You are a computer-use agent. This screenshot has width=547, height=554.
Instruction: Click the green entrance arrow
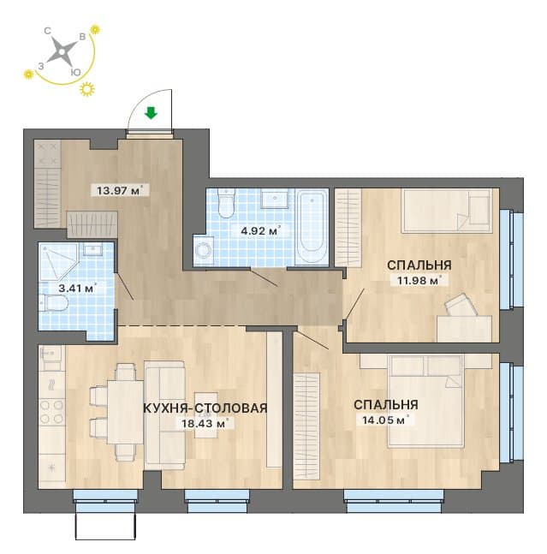coord(152,113)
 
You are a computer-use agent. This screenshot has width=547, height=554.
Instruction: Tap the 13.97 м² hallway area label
coord(120,191)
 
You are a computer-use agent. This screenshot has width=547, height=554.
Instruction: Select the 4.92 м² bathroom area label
coord(260,231)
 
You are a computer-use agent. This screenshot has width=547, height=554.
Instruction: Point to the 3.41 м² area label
coord(77,289)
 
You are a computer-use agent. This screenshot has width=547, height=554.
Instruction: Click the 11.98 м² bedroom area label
coord(418,281)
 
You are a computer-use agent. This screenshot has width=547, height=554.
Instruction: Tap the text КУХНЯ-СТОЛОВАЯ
coord(205,408)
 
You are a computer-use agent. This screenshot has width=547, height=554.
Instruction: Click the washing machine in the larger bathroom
coord(204,250)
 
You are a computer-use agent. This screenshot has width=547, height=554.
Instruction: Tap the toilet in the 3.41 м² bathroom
coord(54,303)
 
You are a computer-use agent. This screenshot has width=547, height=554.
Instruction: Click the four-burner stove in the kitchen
coord(52,411)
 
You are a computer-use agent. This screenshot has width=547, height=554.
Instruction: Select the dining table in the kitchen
coord(125,413)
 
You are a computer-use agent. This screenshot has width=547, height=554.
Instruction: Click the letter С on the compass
coord(47,31)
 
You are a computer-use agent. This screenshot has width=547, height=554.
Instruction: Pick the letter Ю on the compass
coord(75,73)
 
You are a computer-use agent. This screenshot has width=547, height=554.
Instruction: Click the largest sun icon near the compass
coord(87,89)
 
